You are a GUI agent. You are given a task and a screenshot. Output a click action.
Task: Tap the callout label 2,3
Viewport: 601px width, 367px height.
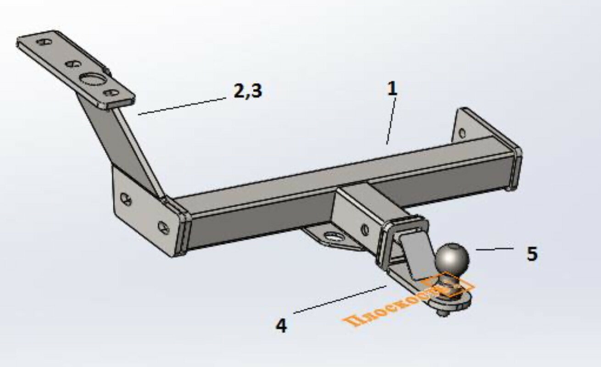(247, 91)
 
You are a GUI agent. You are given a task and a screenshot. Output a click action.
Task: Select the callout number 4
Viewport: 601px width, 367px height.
(281, 326)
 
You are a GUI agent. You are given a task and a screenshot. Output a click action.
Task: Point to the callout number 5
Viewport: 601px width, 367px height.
(532, 254)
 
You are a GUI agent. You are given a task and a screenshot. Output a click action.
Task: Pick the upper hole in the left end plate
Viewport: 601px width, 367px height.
(126, 200)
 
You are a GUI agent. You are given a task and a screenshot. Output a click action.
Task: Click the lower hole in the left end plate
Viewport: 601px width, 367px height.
(163, 227)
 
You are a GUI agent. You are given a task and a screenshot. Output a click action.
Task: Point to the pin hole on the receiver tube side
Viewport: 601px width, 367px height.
(365, 230)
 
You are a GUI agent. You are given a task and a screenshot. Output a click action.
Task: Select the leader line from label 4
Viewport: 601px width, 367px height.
(339, 299)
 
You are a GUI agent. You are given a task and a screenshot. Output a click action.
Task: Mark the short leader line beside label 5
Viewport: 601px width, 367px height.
(494, 249)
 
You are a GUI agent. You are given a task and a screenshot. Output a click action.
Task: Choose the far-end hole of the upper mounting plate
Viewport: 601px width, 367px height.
(44, 42)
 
